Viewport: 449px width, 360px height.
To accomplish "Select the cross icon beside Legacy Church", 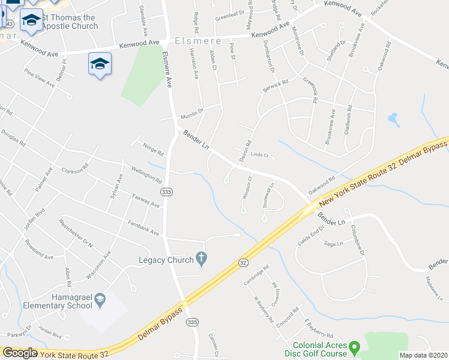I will point(202,259).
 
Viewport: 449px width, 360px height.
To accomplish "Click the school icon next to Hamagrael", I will point(100,298).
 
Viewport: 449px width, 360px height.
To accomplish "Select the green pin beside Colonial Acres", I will point(354,347).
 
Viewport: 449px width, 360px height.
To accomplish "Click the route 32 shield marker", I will point(243,262).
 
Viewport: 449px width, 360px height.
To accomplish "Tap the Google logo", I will point(20,353).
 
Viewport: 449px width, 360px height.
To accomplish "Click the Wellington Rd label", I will point(146,175).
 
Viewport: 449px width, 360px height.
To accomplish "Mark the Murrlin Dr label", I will point(192,112).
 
